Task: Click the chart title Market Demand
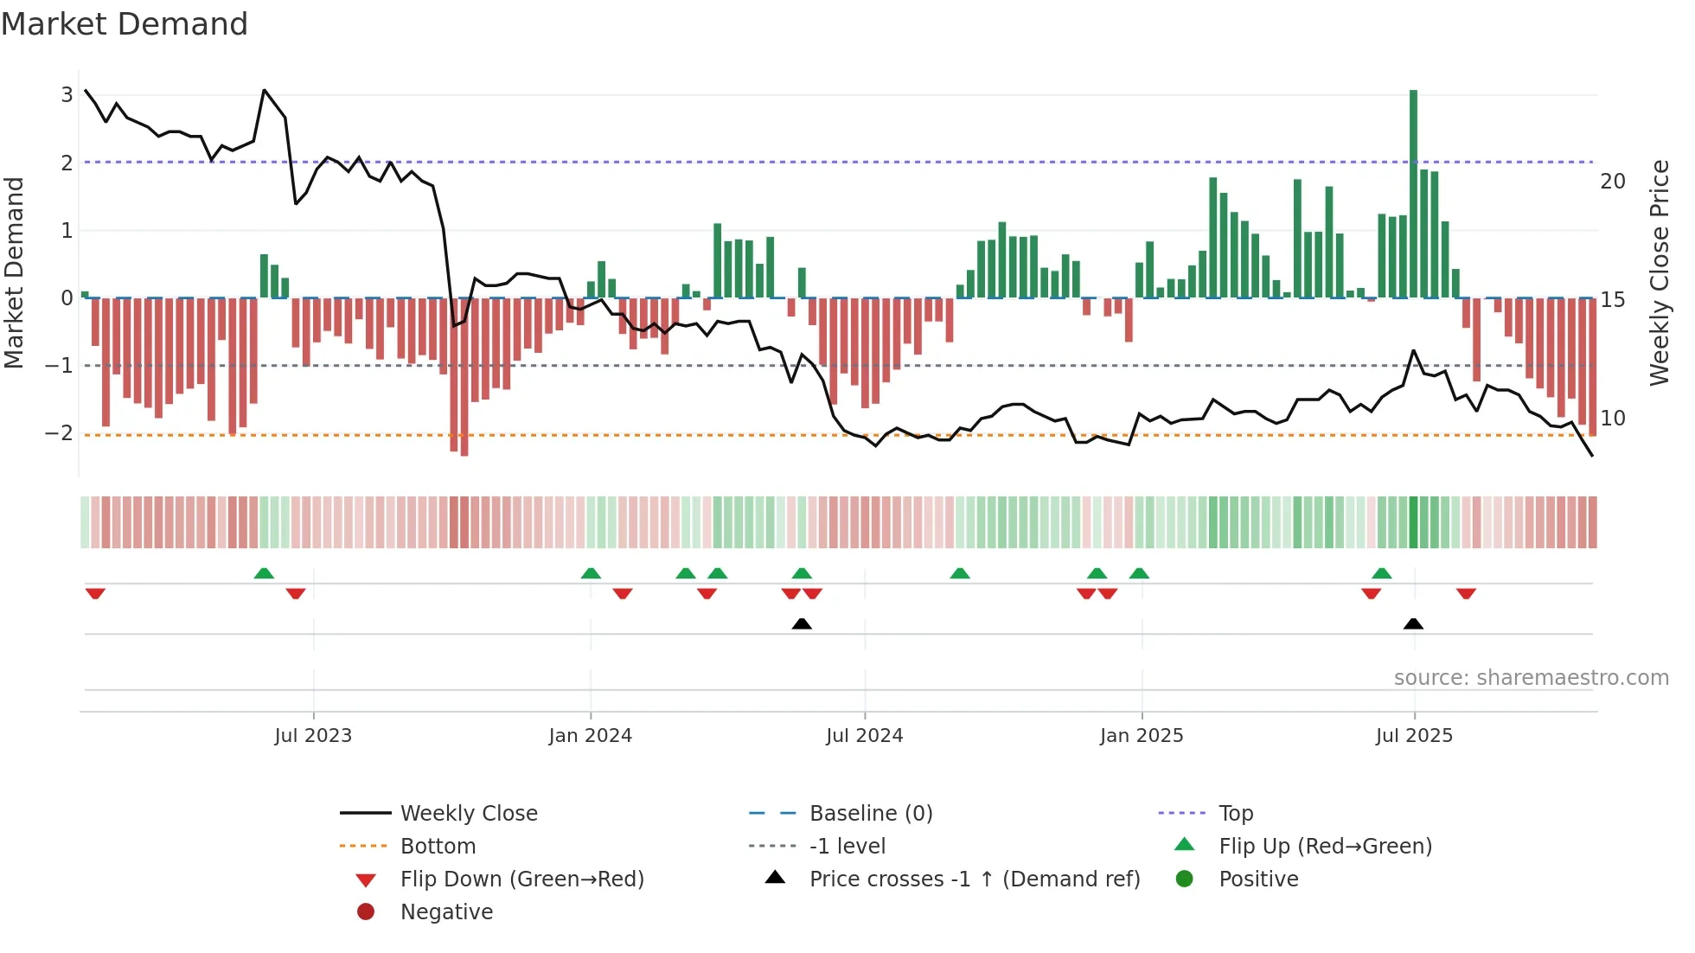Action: point(125,24)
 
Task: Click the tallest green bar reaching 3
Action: point(1413,195)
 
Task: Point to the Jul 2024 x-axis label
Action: point(864,736)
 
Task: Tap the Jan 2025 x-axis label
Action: point(1142,736)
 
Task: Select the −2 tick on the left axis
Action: point(59,433)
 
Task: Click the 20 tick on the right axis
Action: point(1612,182)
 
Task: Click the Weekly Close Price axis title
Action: point(1659,272)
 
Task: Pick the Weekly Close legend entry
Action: point(468,814)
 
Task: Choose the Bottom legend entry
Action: point(438,847)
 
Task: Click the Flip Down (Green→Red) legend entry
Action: point(521,879)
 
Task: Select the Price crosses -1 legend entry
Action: point(974,879)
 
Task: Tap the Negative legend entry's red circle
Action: point(366,912)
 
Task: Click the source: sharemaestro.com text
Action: point(1531,678)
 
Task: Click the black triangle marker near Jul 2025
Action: point(1413,624)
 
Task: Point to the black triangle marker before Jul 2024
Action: point(802,624)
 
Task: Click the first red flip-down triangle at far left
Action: point(95,593)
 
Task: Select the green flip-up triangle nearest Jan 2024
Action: point(591,573)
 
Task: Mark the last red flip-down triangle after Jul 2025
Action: point(1466,593)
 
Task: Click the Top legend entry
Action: point(1235,814)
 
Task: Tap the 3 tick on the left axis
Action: point(67,95)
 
